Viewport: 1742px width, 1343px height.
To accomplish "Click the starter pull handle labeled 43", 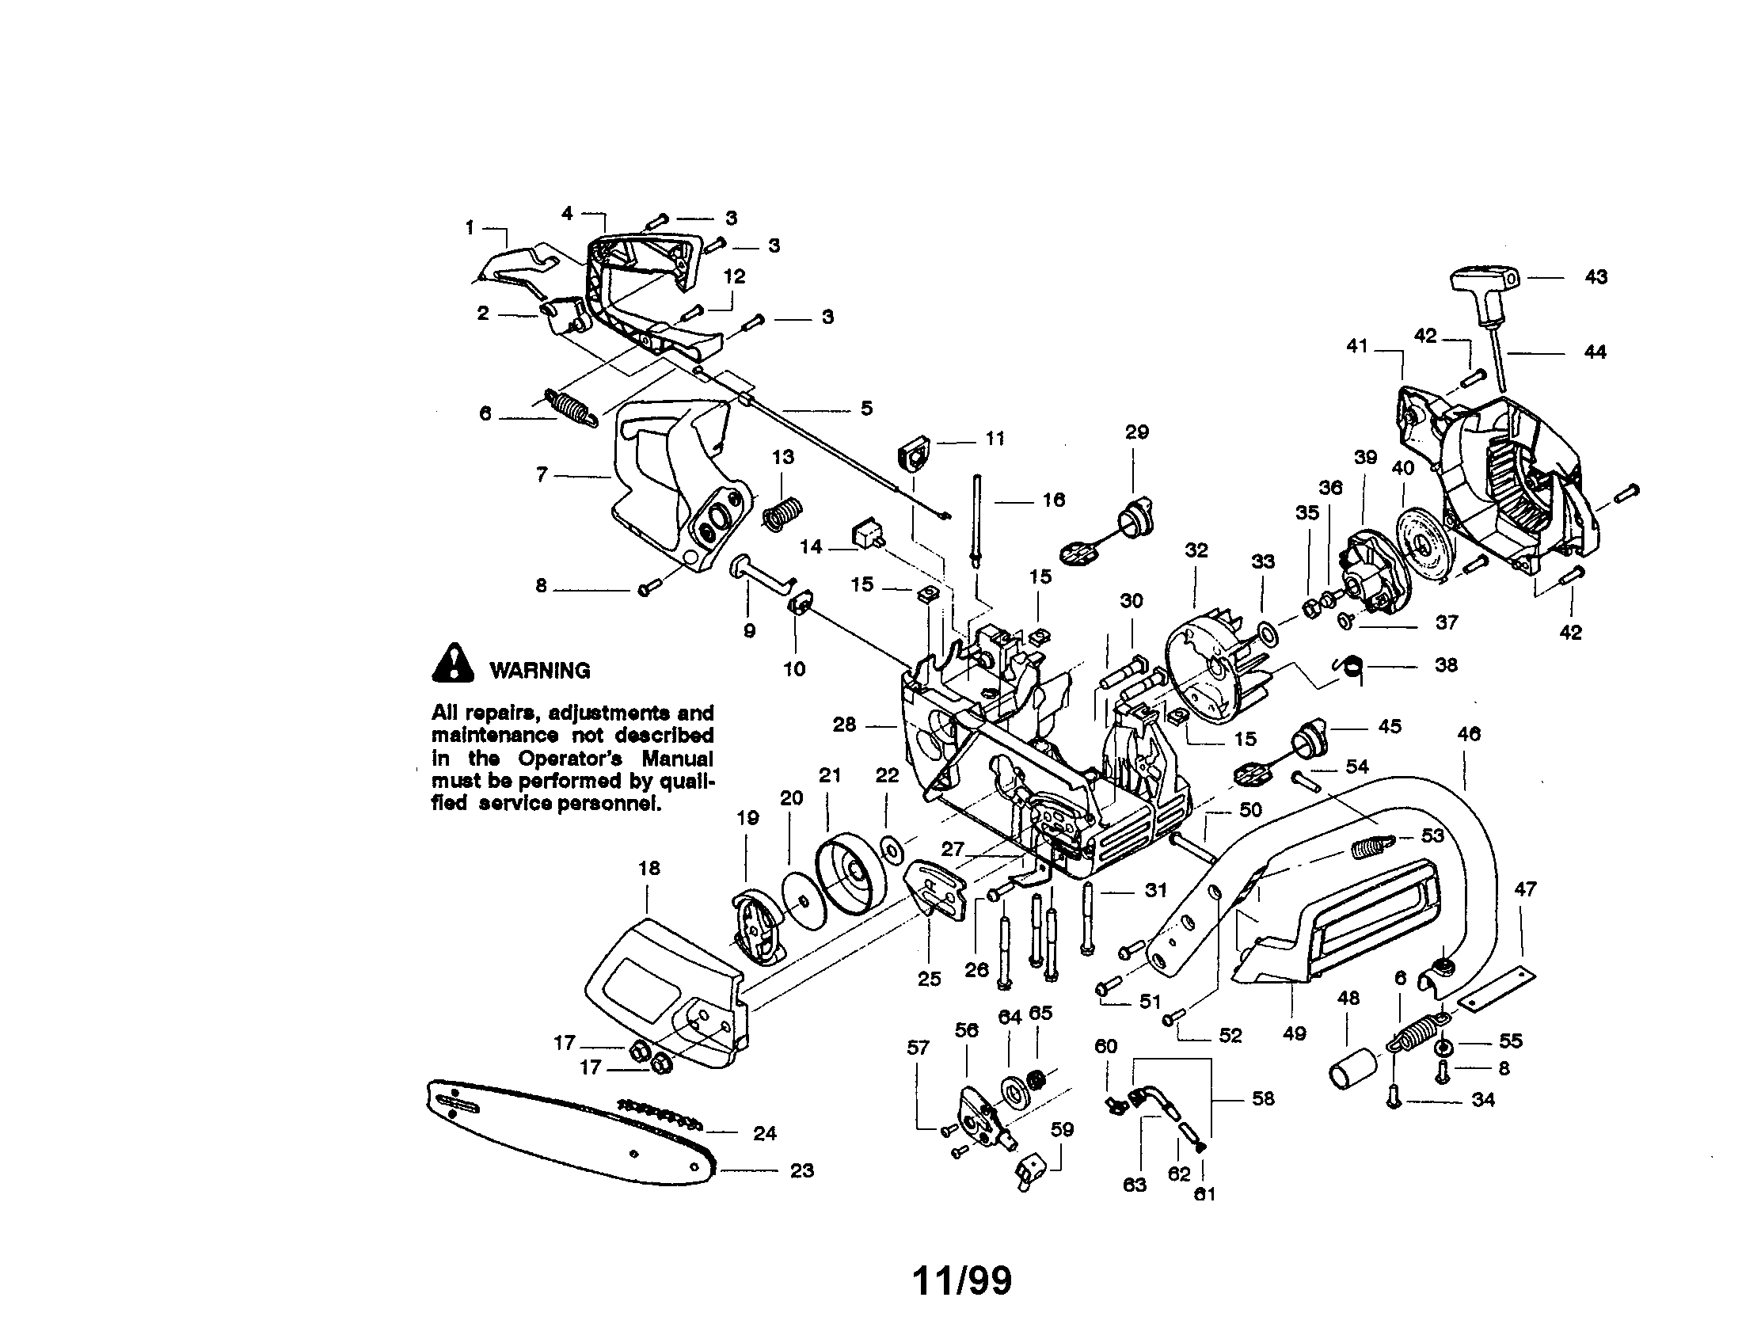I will (x=1482, y=280).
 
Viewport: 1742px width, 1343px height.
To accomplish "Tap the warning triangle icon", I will (x=452, y=664).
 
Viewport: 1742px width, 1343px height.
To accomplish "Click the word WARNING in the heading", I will (x=540, y=671).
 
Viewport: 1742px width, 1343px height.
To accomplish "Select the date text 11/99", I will (x=961, y=1281).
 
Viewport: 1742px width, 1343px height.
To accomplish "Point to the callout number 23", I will (x=801, y=1170).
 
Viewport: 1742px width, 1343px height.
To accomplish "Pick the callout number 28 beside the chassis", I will (x=844, y=724).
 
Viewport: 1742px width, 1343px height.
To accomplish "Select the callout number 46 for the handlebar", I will (x=1468, y=734).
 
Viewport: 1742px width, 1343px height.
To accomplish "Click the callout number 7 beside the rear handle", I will (x=542, y=475).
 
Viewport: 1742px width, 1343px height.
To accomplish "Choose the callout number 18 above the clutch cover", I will (x=649, y=868).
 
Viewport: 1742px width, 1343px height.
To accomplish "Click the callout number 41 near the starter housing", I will (x=1356, y=346).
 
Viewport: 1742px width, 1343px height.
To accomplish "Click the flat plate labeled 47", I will (x=1497, y=988).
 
